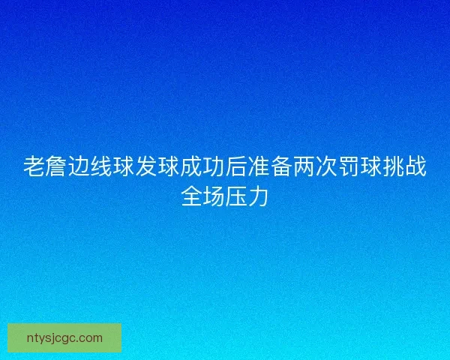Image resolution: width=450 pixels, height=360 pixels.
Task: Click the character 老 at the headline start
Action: point(34,167)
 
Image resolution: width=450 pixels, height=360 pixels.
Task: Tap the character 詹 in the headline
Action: point(56,167)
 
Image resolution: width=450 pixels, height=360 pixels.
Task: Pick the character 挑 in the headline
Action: point(394,167)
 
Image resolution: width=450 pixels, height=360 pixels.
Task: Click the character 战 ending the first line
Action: point(416,167)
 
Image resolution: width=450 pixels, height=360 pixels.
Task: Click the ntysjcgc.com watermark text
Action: point(64,338)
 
